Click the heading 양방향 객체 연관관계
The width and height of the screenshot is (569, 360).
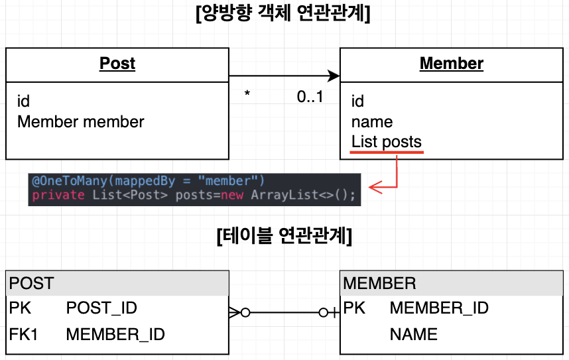click(283, 13)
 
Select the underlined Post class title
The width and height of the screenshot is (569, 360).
click(117, 64)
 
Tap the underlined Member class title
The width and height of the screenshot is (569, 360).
click(451, 64)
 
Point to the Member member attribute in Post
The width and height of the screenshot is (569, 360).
click(80, 122)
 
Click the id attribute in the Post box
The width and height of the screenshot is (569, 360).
click(23, 101)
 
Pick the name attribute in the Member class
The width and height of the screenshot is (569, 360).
click(371, 122)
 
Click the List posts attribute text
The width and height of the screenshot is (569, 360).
click(386, 143)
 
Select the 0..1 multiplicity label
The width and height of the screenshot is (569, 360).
click(310, 97)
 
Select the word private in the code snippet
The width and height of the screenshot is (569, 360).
click(58, 195)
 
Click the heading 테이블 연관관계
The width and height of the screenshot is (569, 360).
click(284, 236)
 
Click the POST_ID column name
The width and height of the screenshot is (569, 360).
click(101, 308)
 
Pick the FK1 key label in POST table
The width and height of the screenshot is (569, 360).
click(23, 334)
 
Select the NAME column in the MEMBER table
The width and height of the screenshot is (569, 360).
click(413, 334)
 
